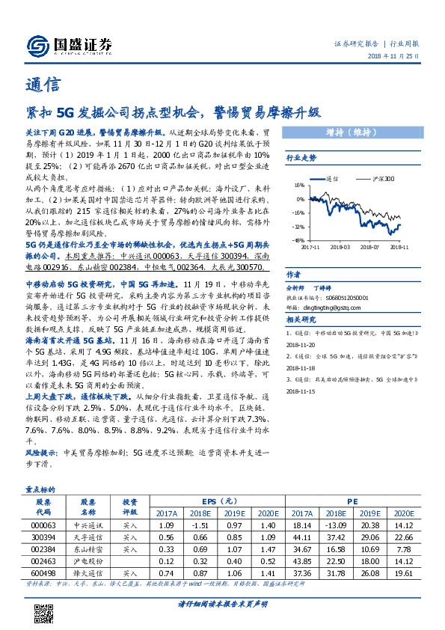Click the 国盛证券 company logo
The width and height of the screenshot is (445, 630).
[x=67, y=44]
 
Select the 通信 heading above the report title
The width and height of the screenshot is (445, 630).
[x=42, y=84]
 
